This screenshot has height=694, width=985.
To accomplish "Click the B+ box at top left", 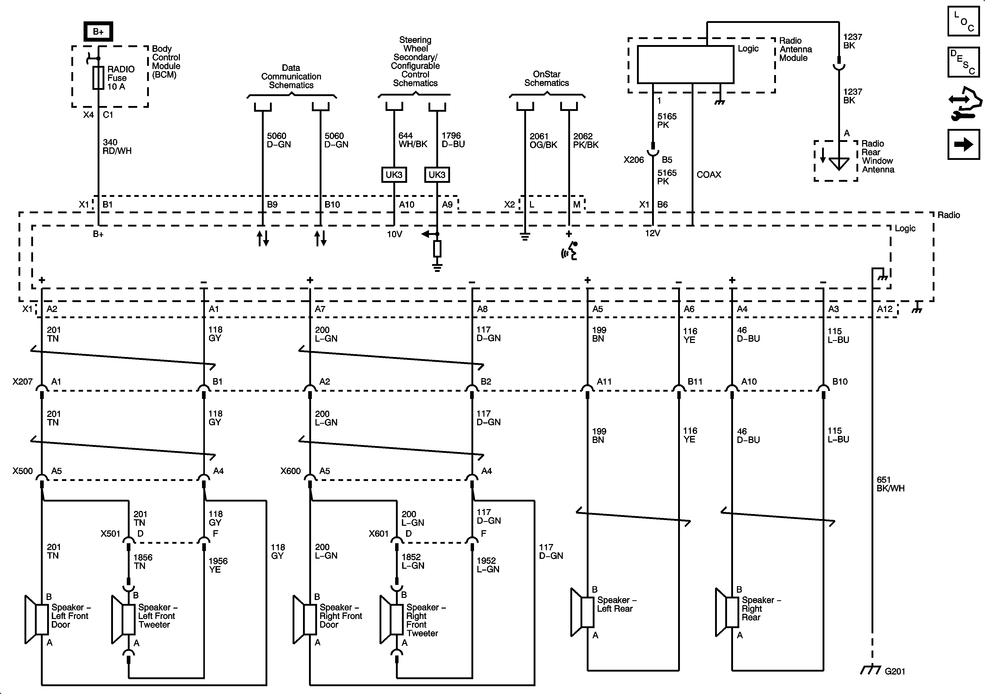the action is click(98, 31).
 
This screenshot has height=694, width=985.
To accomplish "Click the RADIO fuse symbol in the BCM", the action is click(98, 78).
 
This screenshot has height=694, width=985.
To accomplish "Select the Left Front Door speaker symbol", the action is click(36, 619).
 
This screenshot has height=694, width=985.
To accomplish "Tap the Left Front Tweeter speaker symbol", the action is click(123, 619).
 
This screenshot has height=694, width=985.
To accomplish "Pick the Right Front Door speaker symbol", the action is click(305, 619).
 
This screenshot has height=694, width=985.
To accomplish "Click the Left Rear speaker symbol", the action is click(582, 612).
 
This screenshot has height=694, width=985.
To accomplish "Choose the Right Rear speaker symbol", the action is click(727, 612).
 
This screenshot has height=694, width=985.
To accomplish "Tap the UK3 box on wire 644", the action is click(394, 175).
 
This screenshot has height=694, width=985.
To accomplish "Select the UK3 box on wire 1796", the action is click(437, 175).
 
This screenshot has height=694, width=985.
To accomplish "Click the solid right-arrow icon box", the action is click(963, 144).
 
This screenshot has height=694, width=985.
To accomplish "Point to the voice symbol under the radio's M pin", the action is click(570, 251).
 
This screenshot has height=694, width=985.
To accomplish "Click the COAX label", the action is click(709, 175).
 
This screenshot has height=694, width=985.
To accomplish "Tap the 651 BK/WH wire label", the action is click(891, 484).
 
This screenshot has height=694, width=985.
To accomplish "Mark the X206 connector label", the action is click(634, 160).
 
